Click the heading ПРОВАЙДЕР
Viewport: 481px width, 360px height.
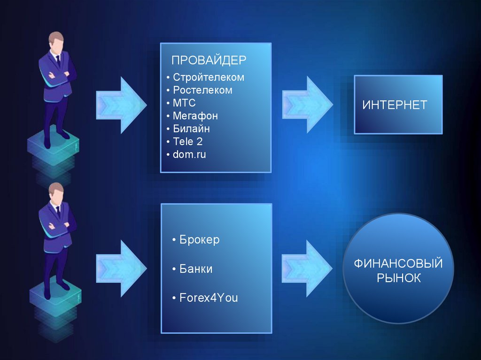(x=209, y=61)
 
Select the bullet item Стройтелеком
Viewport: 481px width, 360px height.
(x=208, y=77)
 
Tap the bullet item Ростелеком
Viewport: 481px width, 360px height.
(x=202, y=90)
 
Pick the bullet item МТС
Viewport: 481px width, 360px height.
(x=184, y=103)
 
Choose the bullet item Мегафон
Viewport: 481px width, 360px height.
(x=195, y=115)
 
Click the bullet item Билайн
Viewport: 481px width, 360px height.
(x=191, y=129)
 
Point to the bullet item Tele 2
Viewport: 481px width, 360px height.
(x=187, y=141)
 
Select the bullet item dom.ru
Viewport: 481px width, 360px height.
(x=189, y=154)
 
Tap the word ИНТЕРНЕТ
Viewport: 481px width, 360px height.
(x=395, y=105)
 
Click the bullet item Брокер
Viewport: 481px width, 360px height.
(x=199, y=240)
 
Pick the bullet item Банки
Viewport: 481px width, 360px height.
(x=196, y=269)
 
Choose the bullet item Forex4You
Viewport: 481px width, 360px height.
(x=208, y=298)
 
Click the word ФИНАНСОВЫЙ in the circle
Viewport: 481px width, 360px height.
(x=398, y=263)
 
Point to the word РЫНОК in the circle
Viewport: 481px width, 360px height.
(x=399, y=278)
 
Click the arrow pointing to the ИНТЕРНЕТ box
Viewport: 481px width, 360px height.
(x=307, y=104)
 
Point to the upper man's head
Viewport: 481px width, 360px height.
(x=56, y=42)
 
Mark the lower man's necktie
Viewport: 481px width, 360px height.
(x=58, y=212)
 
